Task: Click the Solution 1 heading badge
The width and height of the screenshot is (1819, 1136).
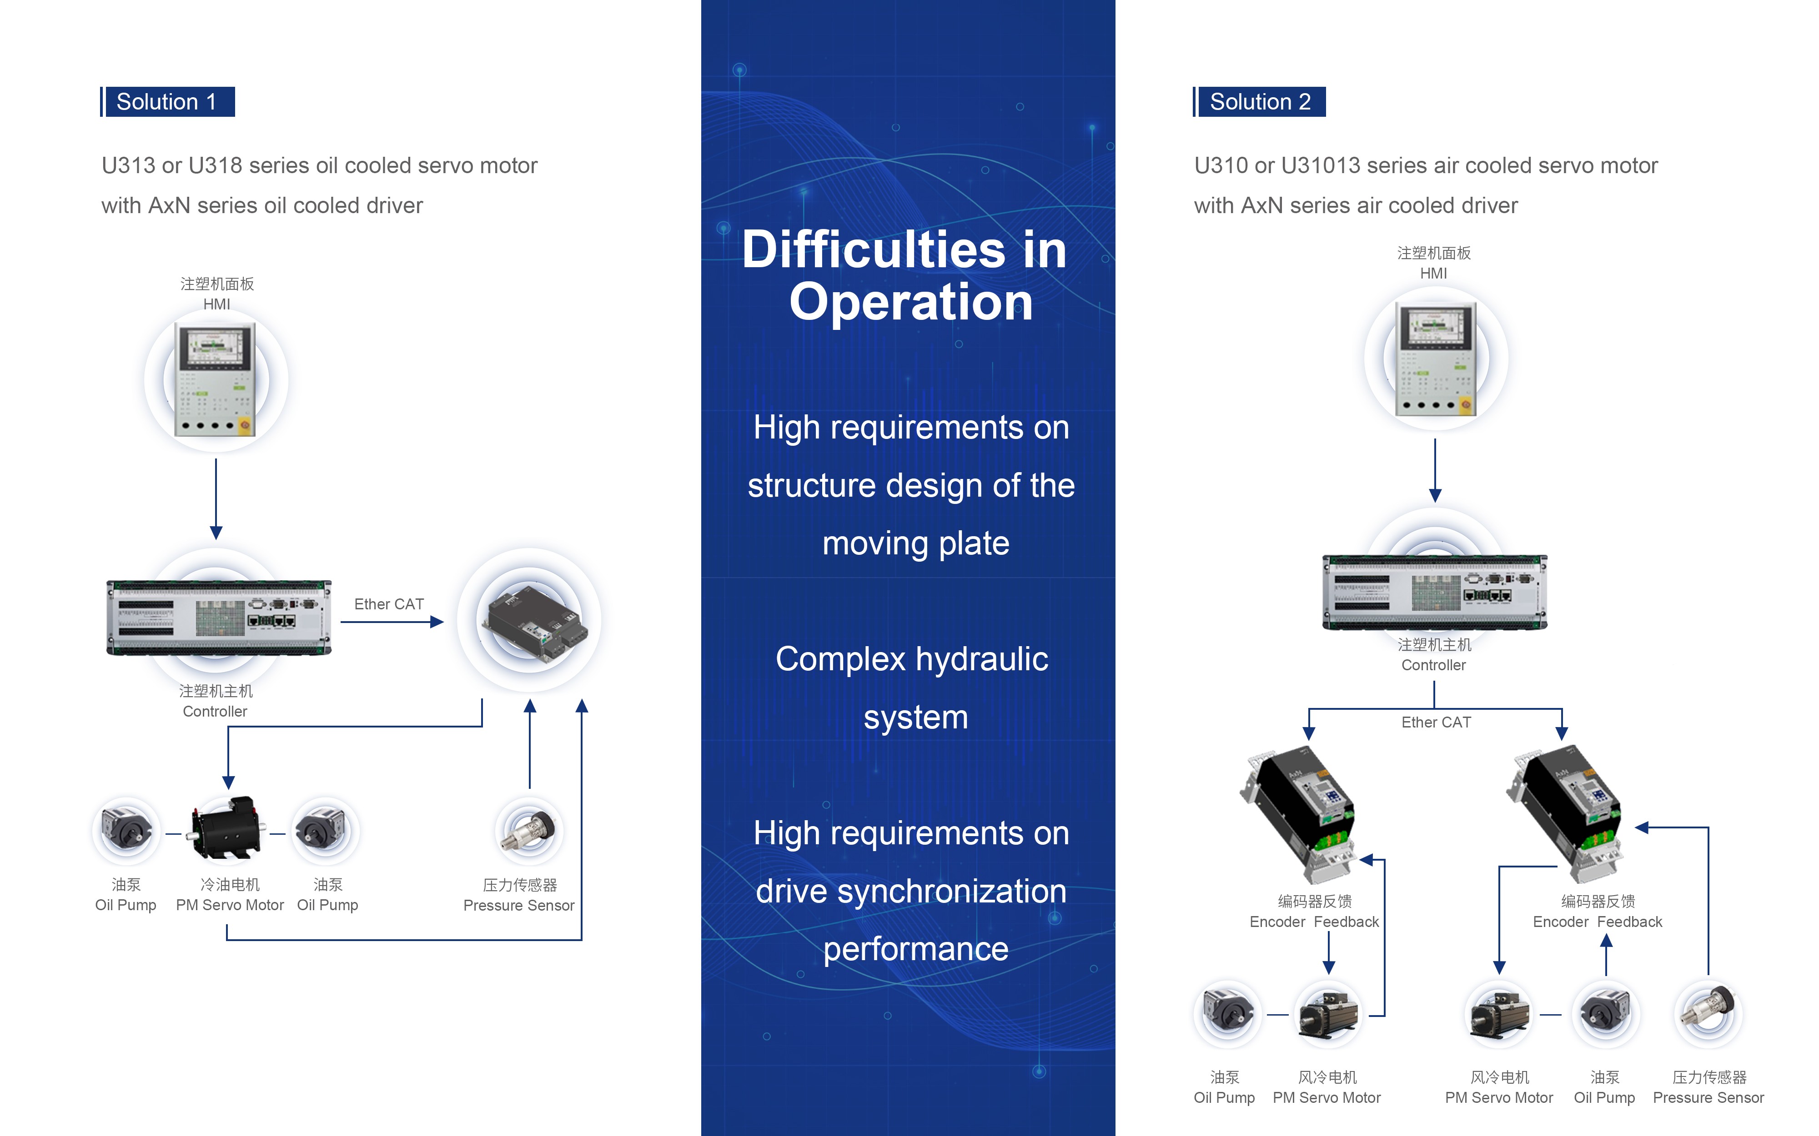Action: (168, 101)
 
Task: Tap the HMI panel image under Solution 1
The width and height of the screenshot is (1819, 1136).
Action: (216, 379)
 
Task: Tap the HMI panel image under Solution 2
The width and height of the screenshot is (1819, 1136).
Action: (1435, 359)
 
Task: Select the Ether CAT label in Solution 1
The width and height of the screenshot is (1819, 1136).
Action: (389, 604)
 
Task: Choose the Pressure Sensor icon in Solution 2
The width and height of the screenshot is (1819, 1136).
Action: (1708, 1013)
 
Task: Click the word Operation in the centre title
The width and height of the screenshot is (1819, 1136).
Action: (911, 302)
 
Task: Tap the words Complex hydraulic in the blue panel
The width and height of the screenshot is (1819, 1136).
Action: (912, 659)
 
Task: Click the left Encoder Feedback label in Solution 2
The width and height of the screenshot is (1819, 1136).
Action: (1314, 921)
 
